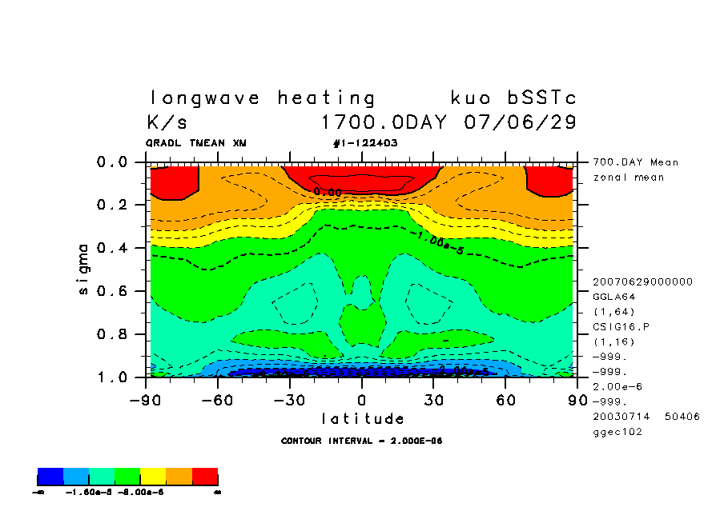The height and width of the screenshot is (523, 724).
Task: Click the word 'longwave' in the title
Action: [205, 98]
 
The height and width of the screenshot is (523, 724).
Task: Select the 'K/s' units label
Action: [167, 123]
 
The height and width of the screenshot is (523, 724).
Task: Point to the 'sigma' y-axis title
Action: [84, 269]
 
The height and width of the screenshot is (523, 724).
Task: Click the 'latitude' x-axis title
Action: [363, 418]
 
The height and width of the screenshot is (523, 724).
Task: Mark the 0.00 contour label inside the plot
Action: [328, 192]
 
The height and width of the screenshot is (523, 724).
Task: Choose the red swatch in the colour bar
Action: [205, 477]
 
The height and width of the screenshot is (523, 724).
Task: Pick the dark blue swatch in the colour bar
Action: [50, 477]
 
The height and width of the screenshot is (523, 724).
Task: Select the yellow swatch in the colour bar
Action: [153, 477]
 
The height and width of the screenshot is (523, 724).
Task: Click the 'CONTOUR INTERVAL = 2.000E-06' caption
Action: [362, 441]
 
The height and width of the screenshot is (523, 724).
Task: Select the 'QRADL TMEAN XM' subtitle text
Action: [196, 143]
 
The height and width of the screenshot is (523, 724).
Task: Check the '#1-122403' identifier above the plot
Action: [365, 143]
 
